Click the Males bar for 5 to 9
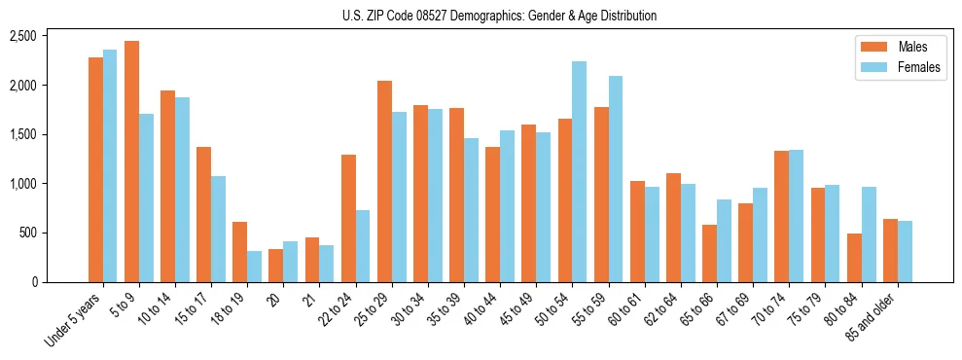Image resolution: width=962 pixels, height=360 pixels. pyautogui.click(x=131, y=162)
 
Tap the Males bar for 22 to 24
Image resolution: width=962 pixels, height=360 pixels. pyautogui.click(x=348, y=218)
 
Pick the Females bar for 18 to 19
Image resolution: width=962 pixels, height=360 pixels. pyautogui.click(x=254, y=267)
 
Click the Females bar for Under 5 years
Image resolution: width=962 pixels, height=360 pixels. pyautogui.click(x=110, y=166)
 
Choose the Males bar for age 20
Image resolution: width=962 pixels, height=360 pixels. pyautogui.click(x=276, y=266)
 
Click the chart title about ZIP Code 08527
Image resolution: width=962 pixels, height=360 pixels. pyautogui.click(x=499, y=16)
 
